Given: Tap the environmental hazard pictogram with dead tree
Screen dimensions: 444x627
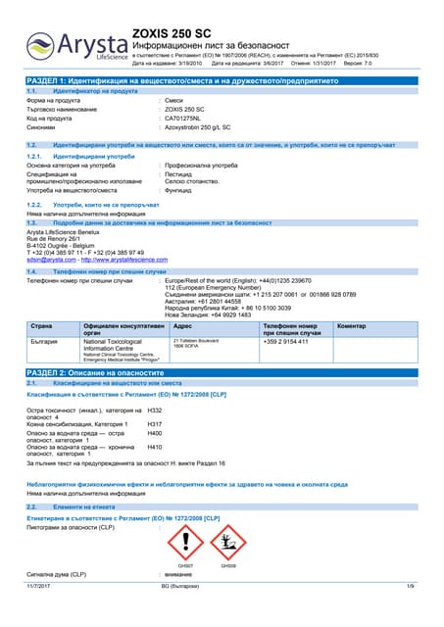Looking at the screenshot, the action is click(x=228, y=541).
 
